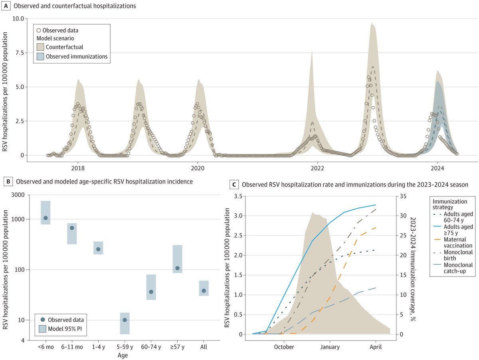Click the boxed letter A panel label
(x=6, y=6)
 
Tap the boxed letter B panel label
(x=6, y=182)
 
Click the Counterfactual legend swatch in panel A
(x=40, y=47)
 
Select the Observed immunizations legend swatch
(x=40, y=57)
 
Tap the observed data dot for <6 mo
(x=46, y=218)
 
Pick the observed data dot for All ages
(x=204, y=291)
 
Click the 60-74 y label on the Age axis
(x=151, y=347)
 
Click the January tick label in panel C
(x=330, y=347)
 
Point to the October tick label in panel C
(x=284, y=347)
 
